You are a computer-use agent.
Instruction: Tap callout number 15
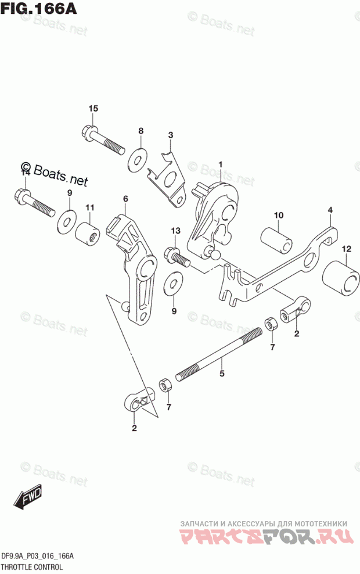coord(93,109)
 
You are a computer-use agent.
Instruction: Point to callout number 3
coord(171,135)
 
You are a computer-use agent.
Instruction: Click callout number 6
coord(125,199)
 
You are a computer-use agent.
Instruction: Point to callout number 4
coord(329,210)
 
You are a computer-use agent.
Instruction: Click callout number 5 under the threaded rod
coord(221,374)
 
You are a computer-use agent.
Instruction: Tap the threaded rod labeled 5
coord(218,356)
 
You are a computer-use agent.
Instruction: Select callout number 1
coord(221,165)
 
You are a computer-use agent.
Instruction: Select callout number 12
coord(347,249)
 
